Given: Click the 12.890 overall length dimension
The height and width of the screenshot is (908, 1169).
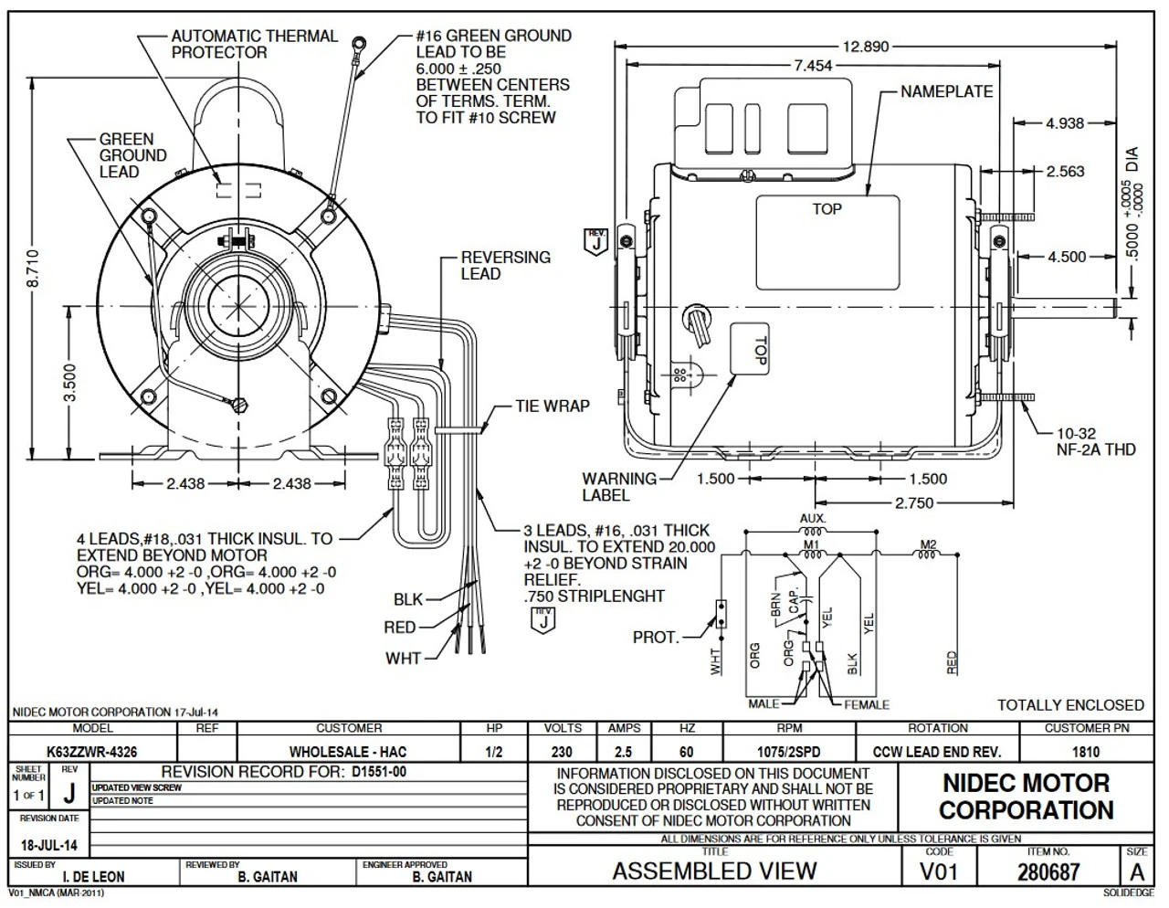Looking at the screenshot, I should (864, 47).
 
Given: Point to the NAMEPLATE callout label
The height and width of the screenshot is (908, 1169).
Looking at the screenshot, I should (946, 92).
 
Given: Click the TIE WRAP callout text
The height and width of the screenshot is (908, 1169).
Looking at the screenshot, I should (553, 406).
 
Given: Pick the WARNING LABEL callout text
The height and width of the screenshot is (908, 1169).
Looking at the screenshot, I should (619, 487).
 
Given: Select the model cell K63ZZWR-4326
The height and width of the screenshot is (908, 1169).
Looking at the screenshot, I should (92, 752).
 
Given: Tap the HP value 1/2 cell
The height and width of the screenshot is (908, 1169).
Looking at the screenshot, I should (494, 752).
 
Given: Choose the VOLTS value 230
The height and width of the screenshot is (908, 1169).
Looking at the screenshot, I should (563, 752).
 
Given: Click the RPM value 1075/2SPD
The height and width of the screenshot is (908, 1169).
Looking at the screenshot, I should (789, 752).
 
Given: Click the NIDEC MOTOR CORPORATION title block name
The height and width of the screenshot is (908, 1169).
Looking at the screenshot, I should (1026, 797).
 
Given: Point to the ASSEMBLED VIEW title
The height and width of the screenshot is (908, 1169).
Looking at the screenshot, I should (714, 871).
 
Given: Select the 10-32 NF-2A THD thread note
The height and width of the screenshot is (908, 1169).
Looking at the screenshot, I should (1083, 441).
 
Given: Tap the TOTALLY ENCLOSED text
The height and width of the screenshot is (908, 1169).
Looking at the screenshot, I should (1069, 705).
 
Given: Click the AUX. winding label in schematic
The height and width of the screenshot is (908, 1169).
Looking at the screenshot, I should (812, 519).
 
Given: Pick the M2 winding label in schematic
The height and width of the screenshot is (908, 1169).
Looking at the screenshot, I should (928, 545).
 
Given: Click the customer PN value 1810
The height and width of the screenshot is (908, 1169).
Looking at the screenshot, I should (1086, 752).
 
